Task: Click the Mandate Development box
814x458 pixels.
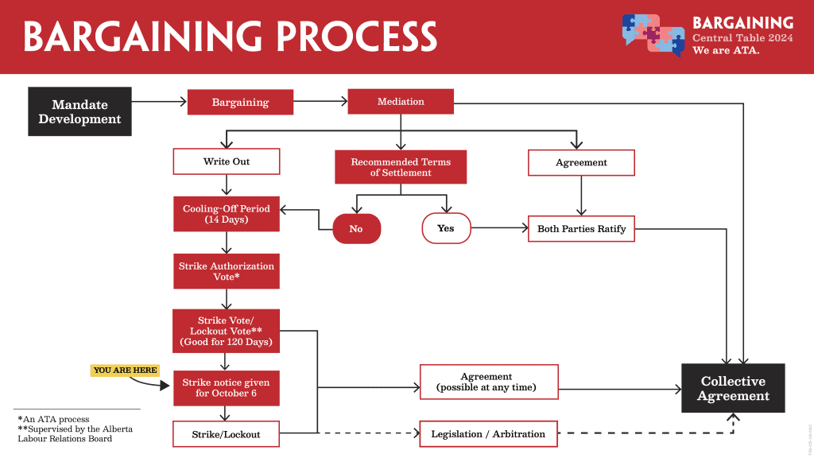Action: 79,111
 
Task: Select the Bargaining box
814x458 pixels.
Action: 240,103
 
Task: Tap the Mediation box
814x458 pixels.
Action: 401,102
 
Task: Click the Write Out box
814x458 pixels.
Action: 227,161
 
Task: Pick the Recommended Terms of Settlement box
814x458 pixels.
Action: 401,167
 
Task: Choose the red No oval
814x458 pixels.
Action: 356,229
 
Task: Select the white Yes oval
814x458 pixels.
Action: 446,228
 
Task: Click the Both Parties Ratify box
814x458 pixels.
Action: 582,229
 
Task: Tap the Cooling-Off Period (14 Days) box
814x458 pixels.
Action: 227,214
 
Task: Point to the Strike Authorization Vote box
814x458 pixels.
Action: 227,271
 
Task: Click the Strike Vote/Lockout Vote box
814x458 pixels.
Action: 227,332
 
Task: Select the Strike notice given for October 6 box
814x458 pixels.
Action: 227,388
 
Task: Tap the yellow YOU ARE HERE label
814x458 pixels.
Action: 126,370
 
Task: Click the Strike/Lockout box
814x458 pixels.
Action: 227,434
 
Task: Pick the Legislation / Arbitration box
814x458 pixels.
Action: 488,434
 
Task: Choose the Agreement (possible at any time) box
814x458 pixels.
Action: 488,382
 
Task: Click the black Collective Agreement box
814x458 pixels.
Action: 733,388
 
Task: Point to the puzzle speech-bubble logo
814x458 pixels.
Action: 653,35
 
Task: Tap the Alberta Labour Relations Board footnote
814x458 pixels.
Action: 76,433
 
